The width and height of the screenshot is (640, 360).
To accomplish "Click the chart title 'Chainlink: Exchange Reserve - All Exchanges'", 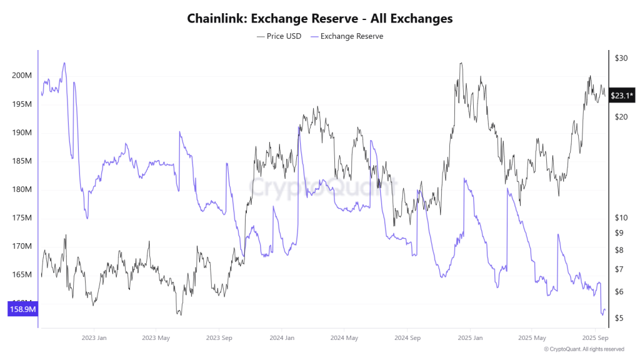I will (x=319, y=19).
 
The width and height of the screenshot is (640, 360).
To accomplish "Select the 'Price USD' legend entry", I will (x=279, y=36).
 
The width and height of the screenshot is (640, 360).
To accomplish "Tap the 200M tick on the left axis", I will (x=22, y=76).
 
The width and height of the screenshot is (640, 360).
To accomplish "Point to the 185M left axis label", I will (x=22, y=161).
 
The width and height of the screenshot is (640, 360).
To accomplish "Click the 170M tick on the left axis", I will (x=22, y=246).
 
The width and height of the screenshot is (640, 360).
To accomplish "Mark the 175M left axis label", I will (x=22, y=218).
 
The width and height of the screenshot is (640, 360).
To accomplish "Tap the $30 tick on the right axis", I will (x=621, y=58).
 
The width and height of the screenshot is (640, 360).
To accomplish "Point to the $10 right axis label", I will (x=621, y=217).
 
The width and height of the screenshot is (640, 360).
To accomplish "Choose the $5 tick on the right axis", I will (x=619, y=319).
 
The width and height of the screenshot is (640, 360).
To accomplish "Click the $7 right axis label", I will (x=619, y=269).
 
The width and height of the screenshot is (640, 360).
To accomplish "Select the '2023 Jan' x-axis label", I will (x=93, y=337).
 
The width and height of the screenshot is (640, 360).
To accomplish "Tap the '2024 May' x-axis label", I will (x=344, y=337).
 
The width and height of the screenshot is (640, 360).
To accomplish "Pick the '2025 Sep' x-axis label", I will (x=595, y=337).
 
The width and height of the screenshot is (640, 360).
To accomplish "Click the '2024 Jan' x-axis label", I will (x=281, y=337).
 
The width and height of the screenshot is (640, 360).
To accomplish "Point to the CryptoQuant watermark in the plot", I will (x=323, y=186).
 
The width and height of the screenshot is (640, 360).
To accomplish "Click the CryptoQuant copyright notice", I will (x=584, y=349).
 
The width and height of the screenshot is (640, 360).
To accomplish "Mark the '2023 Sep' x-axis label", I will (x=219, y=337).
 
